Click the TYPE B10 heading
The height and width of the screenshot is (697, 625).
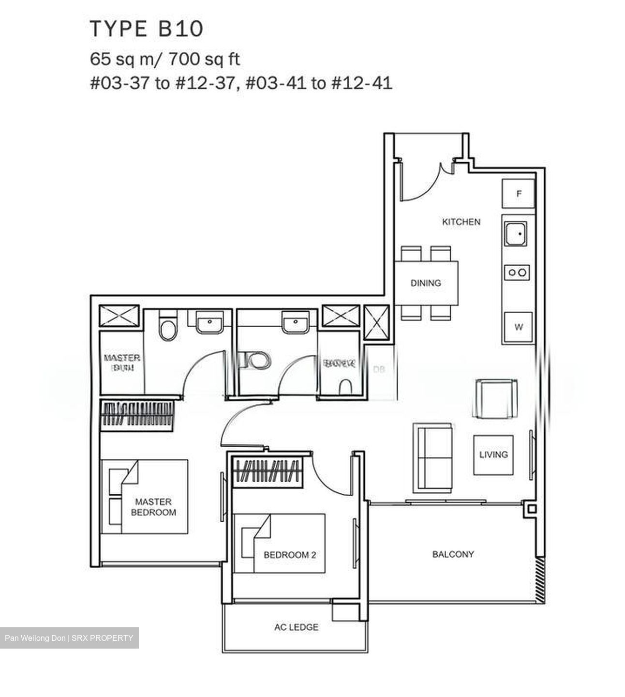tap(146, 29)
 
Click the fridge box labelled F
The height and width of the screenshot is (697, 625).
tap(519, 194)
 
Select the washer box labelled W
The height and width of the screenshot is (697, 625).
tap(519, 327)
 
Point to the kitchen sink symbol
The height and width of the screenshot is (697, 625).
tap(517, 234)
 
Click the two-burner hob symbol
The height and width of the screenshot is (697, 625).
tap(517, 273)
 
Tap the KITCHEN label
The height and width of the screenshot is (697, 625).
tap(461, 222)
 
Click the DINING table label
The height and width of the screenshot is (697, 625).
tap(426, 283)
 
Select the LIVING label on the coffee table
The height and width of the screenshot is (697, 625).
tap(493, 455)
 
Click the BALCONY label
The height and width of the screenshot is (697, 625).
tap(453, 554)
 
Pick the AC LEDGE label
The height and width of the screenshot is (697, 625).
tap(296, 627)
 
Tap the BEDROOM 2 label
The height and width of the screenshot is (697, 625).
tap(289, 555)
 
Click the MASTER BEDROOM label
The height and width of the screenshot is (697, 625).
tap(153, 507)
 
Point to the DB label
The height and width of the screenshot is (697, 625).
tap(379, 369)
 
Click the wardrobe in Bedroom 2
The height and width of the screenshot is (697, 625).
tap(268, 471)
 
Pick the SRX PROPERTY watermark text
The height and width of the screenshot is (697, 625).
tap(103, 638)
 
